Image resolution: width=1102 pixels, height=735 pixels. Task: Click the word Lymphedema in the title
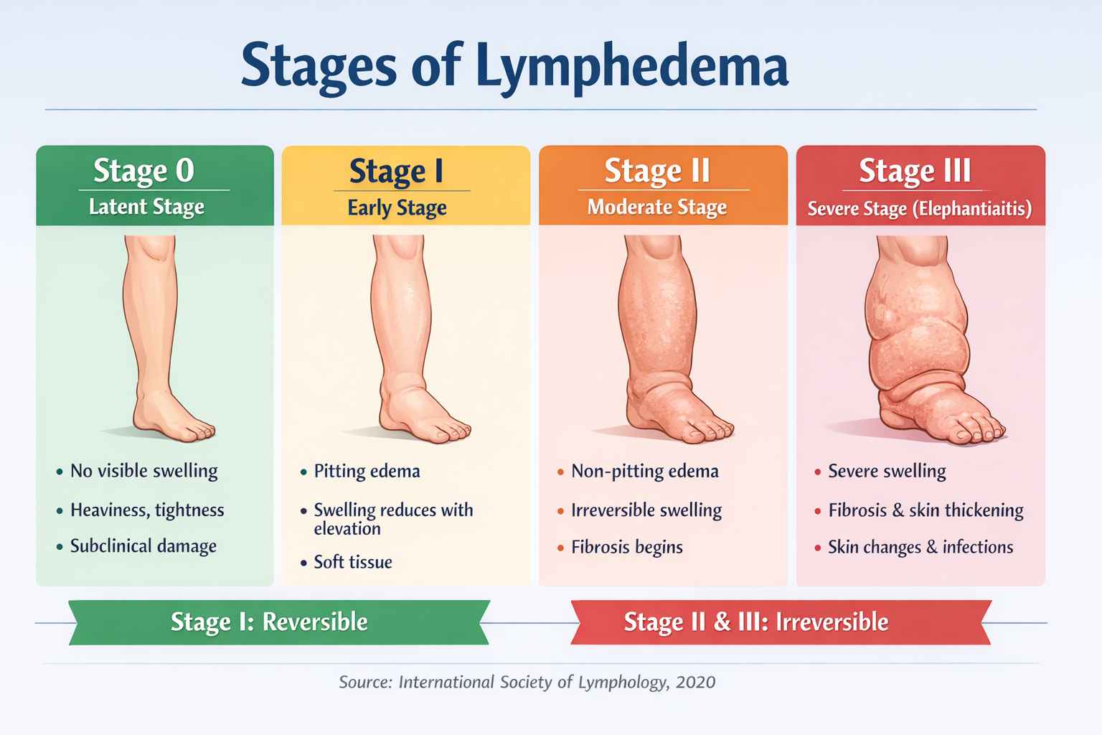pos(631,66)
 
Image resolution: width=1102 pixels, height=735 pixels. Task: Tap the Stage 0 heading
pos(143,171)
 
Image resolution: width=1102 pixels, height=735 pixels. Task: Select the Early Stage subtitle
pos(397,208)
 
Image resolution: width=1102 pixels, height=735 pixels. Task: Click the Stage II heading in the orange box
pos(656,171)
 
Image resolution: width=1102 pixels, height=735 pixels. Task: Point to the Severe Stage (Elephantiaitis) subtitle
pos(919,209)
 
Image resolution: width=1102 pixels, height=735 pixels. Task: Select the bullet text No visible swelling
pos(143,471)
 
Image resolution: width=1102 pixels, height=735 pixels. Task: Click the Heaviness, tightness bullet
pos(146,510)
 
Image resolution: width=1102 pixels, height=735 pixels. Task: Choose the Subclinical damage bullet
pos(143,546)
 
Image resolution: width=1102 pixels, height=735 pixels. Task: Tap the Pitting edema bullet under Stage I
pos(367,472)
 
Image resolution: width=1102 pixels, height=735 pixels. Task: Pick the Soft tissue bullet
pos(352,562)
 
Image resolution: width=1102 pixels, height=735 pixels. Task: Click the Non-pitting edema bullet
pos(644,472)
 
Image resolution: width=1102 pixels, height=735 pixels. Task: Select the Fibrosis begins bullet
pos(626,548)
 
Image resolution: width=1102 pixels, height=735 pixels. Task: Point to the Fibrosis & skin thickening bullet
pos(926,510)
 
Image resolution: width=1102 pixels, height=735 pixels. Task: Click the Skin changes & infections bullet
pos(920,548)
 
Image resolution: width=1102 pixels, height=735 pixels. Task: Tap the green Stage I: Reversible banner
pos(278,622)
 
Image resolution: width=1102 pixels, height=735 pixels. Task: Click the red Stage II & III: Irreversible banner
pos(780,622)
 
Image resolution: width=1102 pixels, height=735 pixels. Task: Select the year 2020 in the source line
pos(695,682)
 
